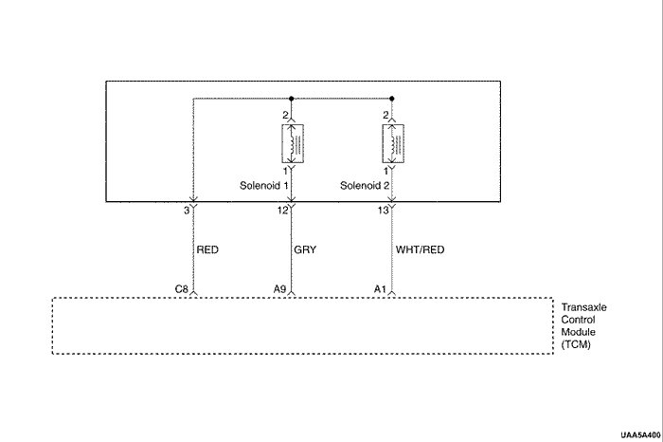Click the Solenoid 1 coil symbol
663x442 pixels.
[x=292, y=144]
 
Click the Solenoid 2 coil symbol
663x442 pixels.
[x=392, y=143]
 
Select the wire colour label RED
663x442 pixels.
[x=208, y=250]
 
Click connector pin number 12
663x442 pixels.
[x=281, y=211]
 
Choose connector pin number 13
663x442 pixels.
[x=382, y=211]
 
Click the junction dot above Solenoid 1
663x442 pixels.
[x=292, y=98]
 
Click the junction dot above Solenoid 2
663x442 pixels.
[x=392, y=98]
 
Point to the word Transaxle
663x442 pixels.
[x=584, y=308]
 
